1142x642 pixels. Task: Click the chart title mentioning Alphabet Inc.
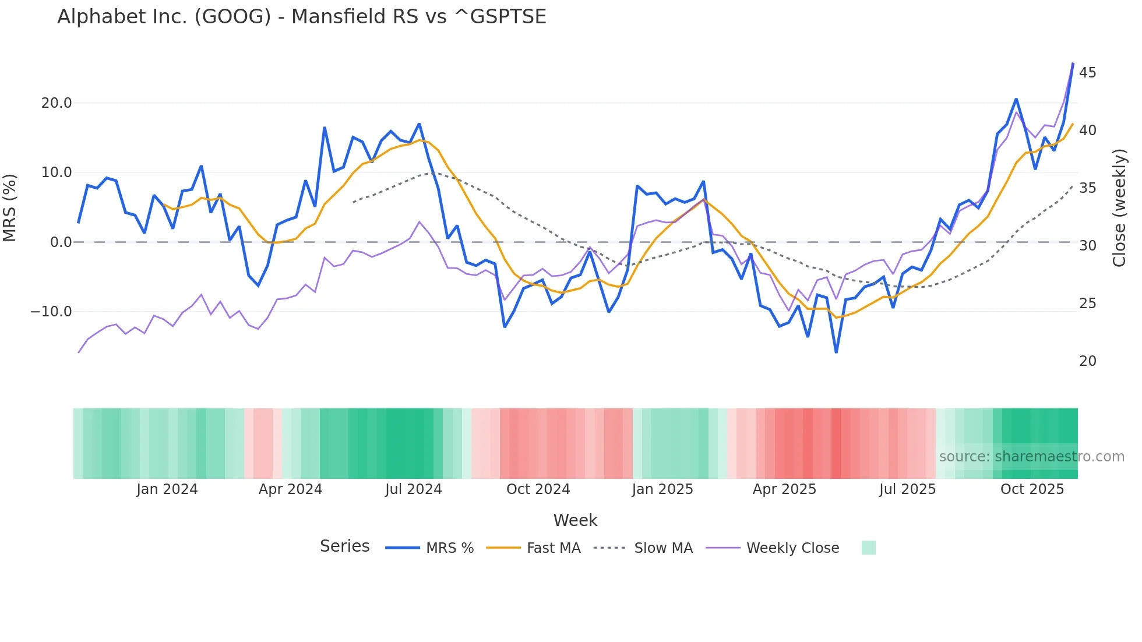click(301, 17)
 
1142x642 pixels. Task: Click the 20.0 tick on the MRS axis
click(56, 103)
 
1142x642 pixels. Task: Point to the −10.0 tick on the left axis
click(51, 312)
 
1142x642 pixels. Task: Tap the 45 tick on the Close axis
click(1087, 73)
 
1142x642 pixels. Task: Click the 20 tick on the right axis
click(1087, 361)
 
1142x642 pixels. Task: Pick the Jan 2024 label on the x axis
click(167, 489)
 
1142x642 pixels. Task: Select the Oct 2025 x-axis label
click(1032, 489)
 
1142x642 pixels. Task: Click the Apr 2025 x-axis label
click(784, 489)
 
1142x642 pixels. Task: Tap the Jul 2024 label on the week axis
click(413, 489)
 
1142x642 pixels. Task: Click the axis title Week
click(575, 520)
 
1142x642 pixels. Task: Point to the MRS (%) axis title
click(10, 207)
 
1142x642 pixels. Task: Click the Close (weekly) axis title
click(1119, 208)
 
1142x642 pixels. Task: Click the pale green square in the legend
click(868, 548)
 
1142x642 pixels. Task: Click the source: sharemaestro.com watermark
click(1031, 457)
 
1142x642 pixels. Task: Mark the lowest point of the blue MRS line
click(836, 352)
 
